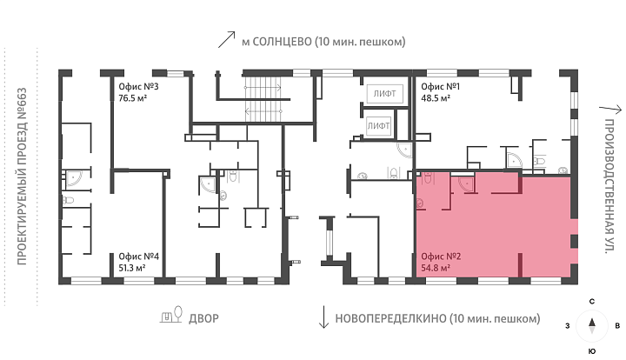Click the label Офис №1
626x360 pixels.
(440, 87)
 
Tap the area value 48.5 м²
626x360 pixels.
(436, 98)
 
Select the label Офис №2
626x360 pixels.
(441, 257)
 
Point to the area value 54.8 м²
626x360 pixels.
(436, 268)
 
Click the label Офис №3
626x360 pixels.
(138, 87)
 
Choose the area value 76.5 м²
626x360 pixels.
(133, 98)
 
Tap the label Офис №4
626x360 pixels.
(138, 257)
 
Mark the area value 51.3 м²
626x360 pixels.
(132, 268)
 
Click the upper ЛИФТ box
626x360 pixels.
(385, 94)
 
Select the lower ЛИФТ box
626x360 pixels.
(379, 126)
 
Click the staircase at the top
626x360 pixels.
(263, 98)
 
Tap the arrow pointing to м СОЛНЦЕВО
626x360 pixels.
(226, 39)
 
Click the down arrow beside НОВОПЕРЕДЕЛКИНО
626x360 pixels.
(323, 317)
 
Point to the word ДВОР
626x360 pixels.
(203, 318)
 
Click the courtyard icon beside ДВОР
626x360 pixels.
(171, 315)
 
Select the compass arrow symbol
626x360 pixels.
(592, 325)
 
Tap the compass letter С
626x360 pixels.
(592, 302)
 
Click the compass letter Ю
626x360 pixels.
(592, 351)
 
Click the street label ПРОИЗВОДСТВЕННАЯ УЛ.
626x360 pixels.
(609, 186)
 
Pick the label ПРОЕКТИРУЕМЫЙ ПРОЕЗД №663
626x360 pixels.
(22, 177)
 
